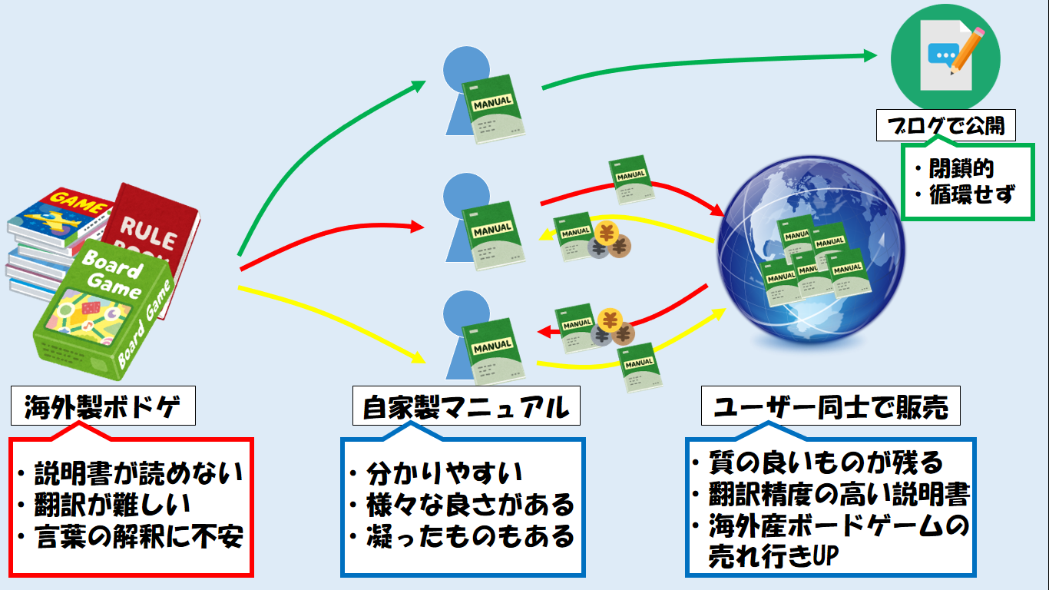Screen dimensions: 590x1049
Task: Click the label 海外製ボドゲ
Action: click(103, 407)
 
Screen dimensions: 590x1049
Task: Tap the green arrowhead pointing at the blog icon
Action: click(869, 55)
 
